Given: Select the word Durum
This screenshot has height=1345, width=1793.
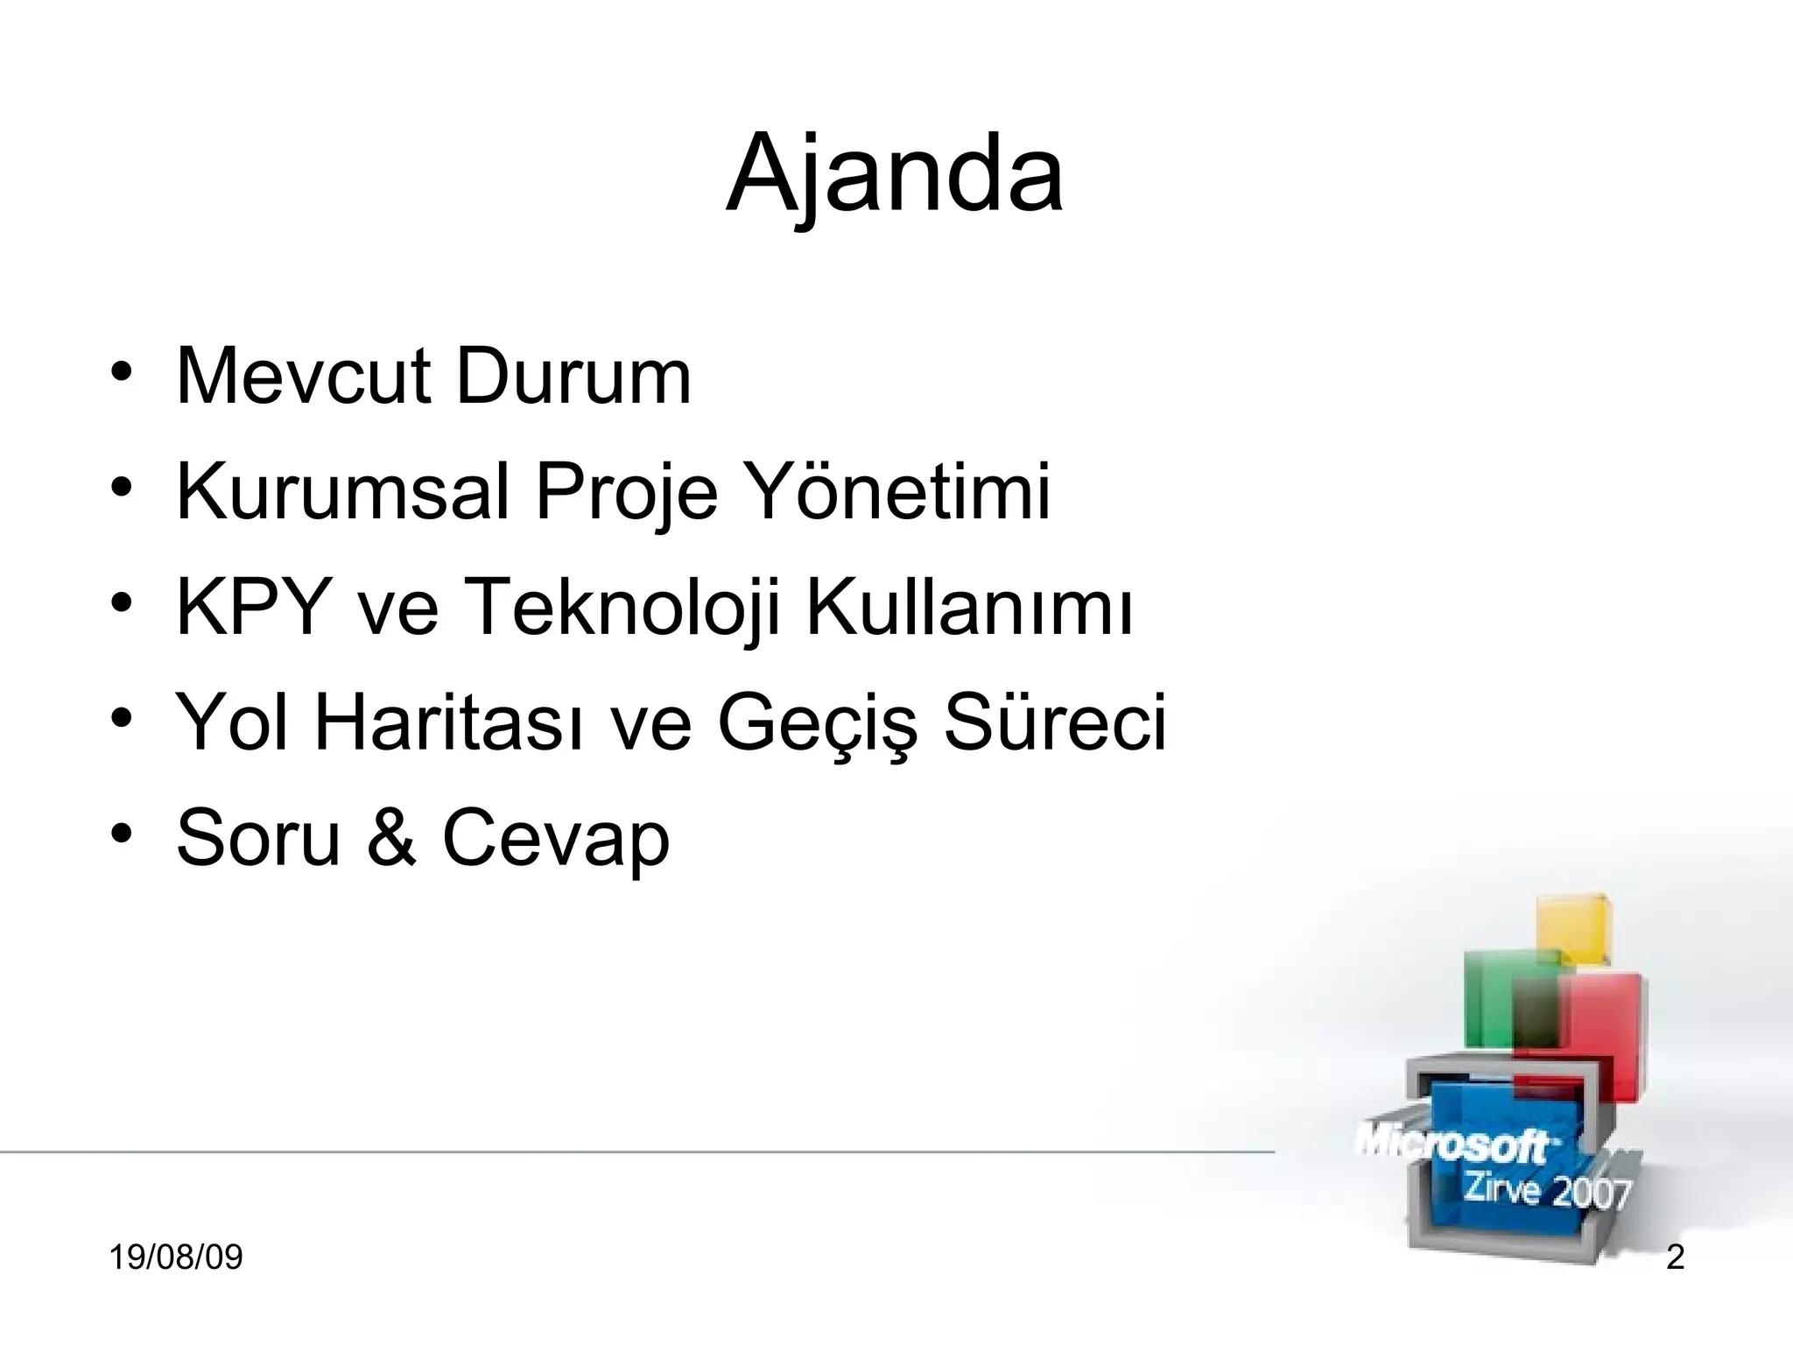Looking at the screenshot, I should pyautogui.click(x=573, y=377).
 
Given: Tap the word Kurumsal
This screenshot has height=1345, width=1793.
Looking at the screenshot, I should pyautogui.click(x=342, y=492).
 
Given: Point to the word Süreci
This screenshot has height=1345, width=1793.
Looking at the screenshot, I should pyautogui.click(x=1055, y=722).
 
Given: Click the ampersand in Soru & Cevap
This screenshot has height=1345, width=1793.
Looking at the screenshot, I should pyautogui.click(x=390, y=838).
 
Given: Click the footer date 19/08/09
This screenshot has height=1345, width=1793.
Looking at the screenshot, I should pyautogui.click(x=176, y=1258).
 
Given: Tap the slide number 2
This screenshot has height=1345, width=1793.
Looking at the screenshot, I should pyautogui.click(x=1675, y=1258).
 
